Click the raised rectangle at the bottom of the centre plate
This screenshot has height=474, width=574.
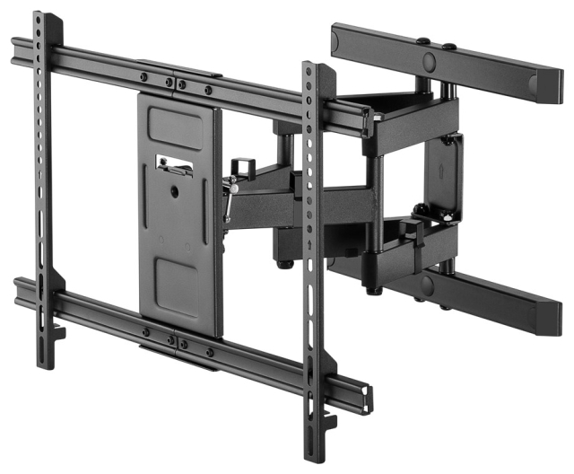pos(177,287)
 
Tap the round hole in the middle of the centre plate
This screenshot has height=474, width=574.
pos(177,189)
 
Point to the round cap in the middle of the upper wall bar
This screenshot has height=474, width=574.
pos(429,61)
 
